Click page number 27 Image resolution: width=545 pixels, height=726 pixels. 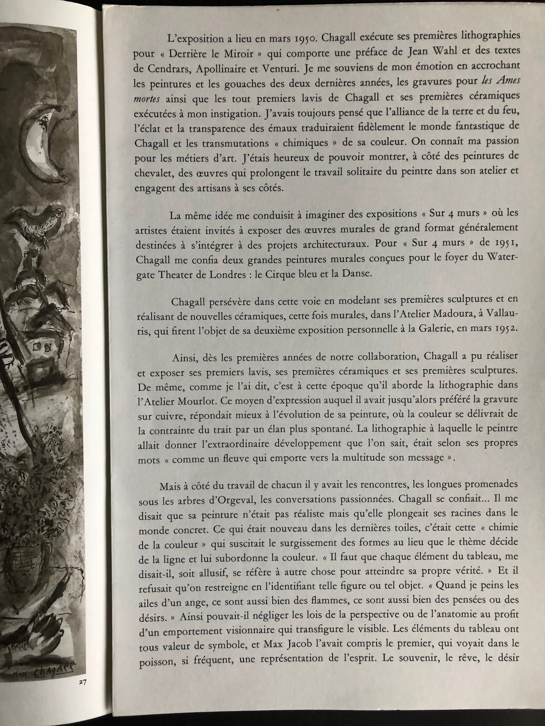(x=82, y=682)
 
